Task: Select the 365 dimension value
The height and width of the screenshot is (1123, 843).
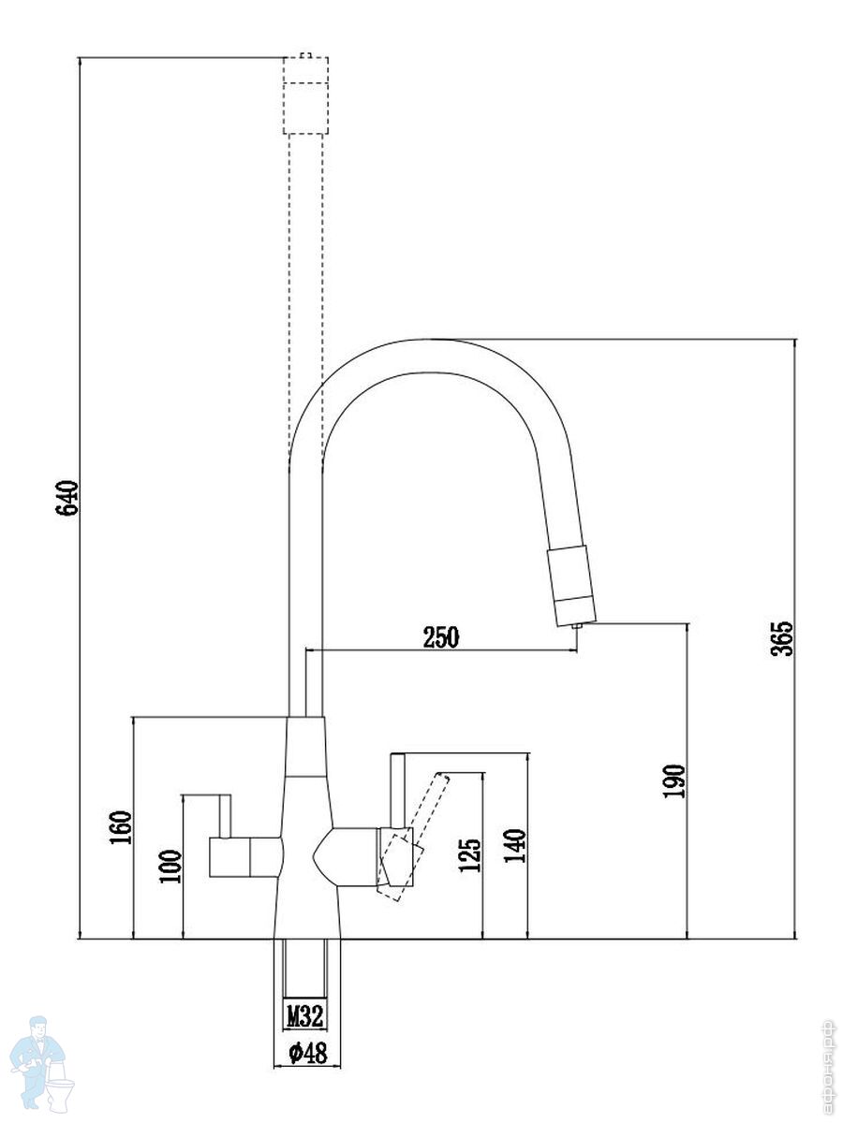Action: click(x=781, y=638)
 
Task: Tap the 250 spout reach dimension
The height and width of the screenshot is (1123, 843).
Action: click(x=441, y=638)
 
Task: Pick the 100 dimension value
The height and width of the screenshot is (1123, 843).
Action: click(x=170, y=868)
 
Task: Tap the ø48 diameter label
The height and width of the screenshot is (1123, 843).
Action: click(x=307, y=1054)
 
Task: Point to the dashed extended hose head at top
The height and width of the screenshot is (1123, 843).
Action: click(x=305, y=95)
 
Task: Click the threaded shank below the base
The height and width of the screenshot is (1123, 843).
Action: click(x=305, y=970)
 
